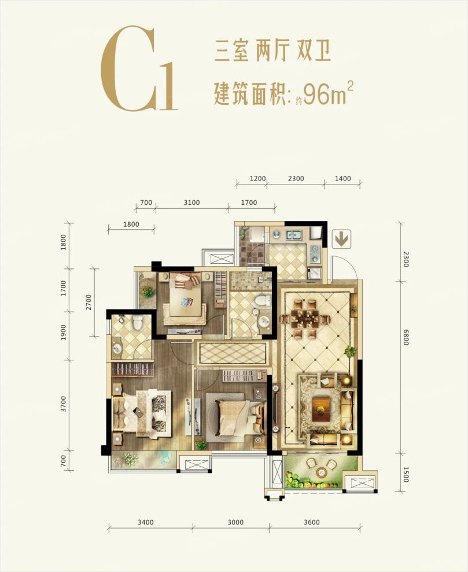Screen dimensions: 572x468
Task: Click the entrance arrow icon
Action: [341, 238]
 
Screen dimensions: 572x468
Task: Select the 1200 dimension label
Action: [257, 179]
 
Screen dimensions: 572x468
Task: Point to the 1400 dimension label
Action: [342, 179]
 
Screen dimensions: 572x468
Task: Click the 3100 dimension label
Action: [191, 203]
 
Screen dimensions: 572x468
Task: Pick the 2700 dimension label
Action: [89, 302]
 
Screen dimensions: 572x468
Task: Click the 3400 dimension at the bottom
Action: [146, 522]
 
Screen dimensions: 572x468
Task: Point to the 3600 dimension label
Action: [311, 522]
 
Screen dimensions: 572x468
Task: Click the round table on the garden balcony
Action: [319, 472]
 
